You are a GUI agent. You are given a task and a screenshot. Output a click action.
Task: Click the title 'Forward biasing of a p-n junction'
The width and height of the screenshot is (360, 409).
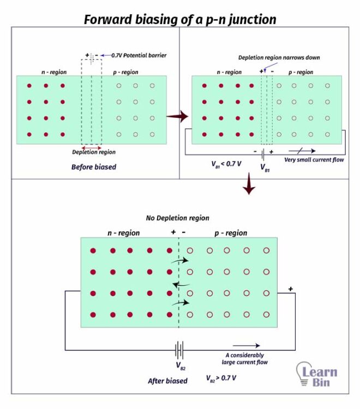(180, 20)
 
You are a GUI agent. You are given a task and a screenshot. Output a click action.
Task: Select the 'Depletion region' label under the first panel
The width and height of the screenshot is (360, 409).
(94, 153)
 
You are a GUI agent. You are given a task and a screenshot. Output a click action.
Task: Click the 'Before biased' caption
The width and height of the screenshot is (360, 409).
(94, 167)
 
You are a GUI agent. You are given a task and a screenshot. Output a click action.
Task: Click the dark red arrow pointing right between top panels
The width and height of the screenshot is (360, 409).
(177, 116)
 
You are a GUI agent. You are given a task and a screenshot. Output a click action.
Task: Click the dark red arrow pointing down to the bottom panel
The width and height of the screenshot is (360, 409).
(249, 184)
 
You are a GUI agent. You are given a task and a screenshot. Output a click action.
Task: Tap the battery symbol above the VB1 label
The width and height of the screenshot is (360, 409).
(263, 153)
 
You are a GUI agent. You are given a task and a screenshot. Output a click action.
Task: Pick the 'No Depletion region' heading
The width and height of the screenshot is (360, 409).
(177, 218)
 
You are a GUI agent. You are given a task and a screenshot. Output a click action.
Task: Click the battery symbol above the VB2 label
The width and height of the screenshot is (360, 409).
(178, 350)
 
